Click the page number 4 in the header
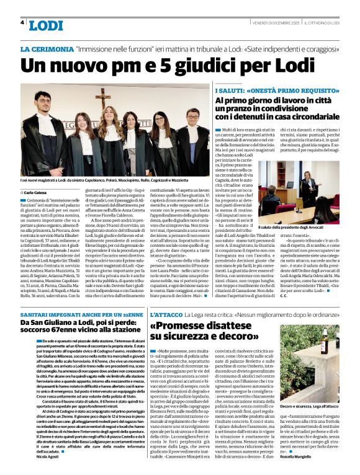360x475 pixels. click(22, 22)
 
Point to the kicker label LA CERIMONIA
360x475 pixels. click(47, 48)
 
